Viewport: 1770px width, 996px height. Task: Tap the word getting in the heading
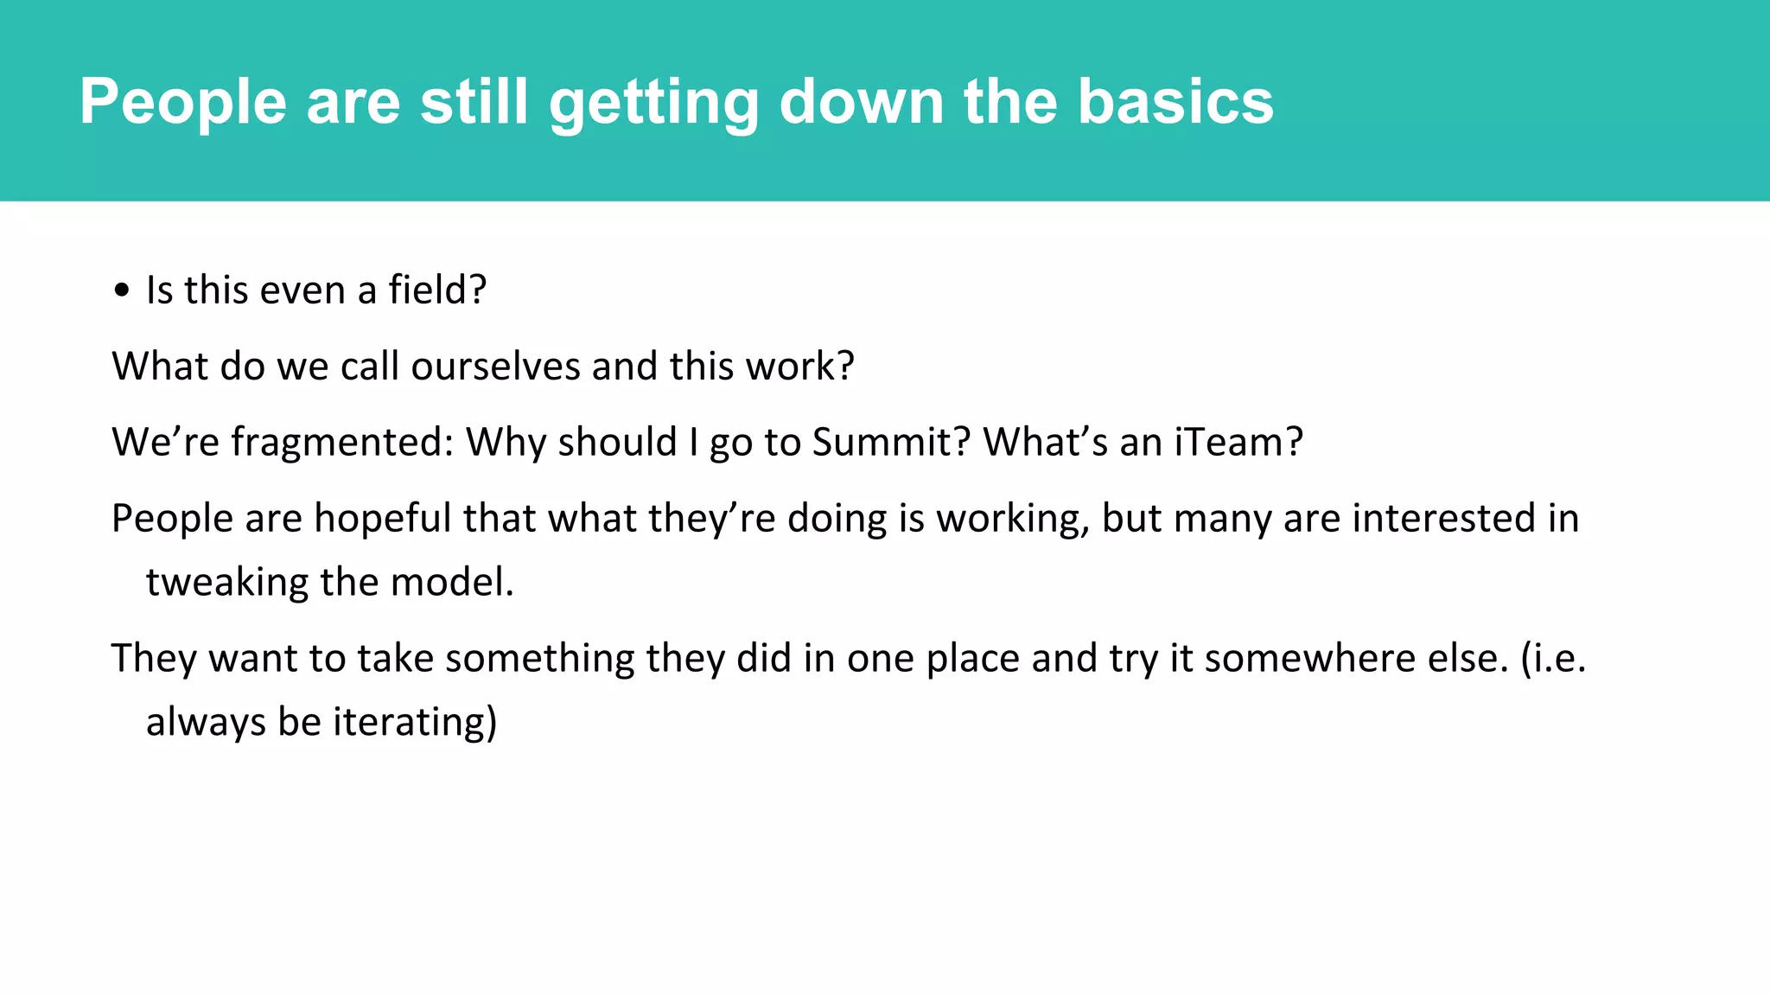pos(653,102)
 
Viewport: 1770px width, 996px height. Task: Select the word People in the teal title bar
pos(182,102)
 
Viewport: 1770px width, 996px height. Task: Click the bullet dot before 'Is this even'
pos(122,291)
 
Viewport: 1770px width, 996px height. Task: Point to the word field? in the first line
pos(437,290)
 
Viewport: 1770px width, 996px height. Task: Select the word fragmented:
pos(342,442)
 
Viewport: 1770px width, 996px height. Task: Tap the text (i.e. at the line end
pos(1553,658)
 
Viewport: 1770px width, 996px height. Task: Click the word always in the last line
pos(206,722)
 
